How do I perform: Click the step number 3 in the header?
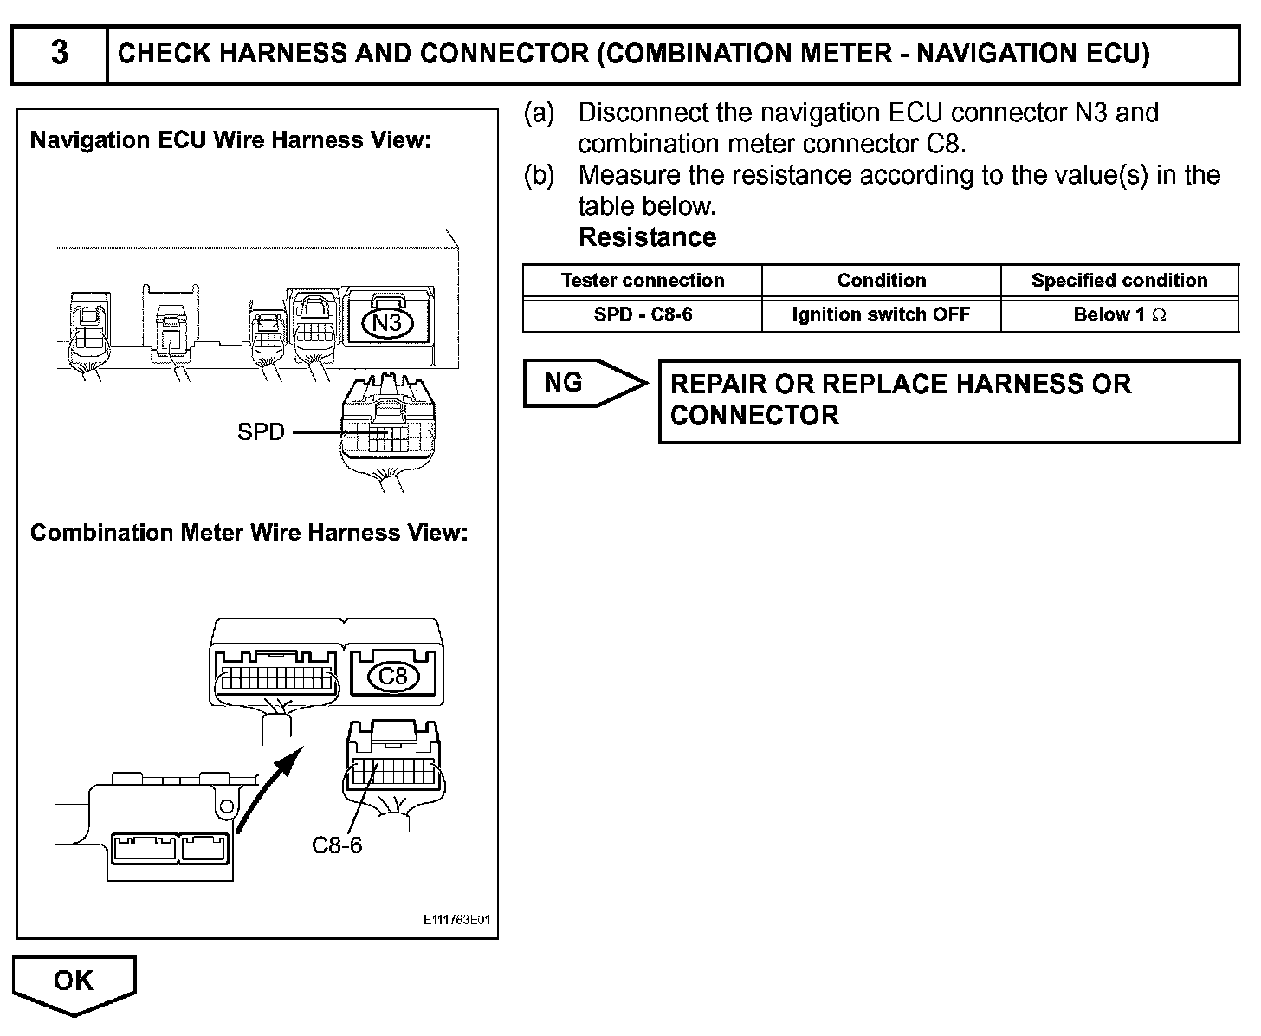click(x=59, y=54)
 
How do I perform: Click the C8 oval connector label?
click(x=393, y=676)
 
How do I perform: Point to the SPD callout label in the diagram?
click(x=261, y=431)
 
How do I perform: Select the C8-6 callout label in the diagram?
click(x=337, y=845)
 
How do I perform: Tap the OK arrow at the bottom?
click(x=74, y=982)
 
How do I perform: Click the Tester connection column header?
click(x=643, y=281)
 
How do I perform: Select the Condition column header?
click(x=882, y=281)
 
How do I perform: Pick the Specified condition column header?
click(x=1119, y=281)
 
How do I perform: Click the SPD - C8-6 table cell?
click(x=643, y=314)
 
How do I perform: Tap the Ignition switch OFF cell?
click(x=882, y=314)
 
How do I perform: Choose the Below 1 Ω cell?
click(x=1119, y=314)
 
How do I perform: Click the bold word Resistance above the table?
click(x=647, y=237)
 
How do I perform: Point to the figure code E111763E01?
click(x=456, y=920)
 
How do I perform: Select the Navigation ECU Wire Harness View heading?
click(x=230, y=140)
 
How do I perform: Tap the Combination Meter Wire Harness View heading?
click(x=249, y=533)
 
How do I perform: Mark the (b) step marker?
click(x=539, y=175)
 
